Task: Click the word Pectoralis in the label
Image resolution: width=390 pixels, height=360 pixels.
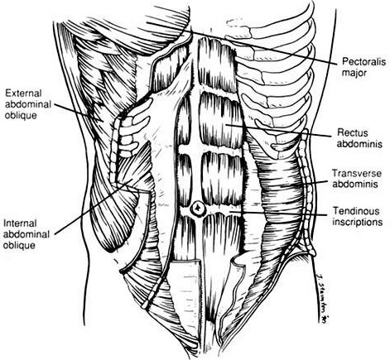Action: [x=364, y=61]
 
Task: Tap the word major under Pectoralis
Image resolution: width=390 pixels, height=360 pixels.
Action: [x=354, y=73]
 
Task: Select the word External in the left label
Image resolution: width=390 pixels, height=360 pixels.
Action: [x=23, y=93]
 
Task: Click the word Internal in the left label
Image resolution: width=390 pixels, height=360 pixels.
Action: [x=20, y=223]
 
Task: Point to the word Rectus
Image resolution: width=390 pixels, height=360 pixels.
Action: [x=353, y=133]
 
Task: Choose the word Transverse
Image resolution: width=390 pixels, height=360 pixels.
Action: [x=357, y=173]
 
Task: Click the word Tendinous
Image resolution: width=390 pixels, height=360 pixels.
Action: [x=356, y=211]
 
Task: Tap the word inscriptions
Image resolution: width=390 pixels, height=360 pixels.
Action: [x=358, y=222]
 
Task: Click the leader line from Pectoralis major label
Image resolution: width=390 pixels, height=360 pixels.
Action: [x=242, y=43]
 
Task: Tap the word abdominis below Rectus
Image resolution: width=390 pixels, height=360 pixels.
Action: [x=359, y=144]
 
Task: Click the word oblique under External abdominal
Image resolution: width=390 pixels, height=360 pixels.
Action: [x=21, y=116]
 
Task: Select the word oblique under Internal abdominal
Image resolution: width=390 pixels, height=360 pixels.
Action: [x=19, y=246]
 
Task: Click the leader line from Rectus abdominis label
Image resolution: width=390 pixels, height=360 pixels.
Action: [x=278, y=130]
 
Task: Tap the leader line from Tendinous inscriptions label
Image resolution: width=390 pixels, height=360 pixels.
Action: [x=280, y=213]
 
